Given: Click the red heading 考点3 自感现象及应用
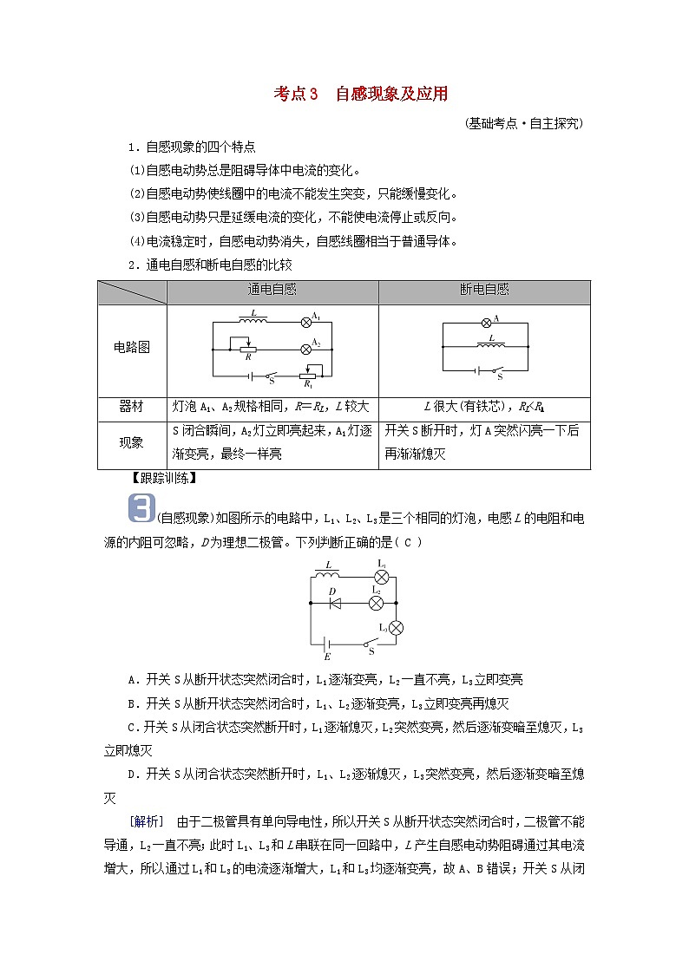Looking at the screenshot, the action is pyautogui.click(x=360, y=94).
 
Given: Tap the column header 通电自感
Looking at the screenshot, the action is pyautogui.click(x=272, y=291).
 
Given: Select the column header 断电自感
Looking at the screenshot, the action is pyautogui.click(x=484, y=291).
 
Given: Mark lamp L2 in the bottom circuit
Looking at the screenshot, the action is pyautogui.click(x=376, y=601).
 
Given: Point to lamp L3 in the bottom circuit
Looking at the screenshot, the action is pyautogui.click(x=396, y=627).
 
